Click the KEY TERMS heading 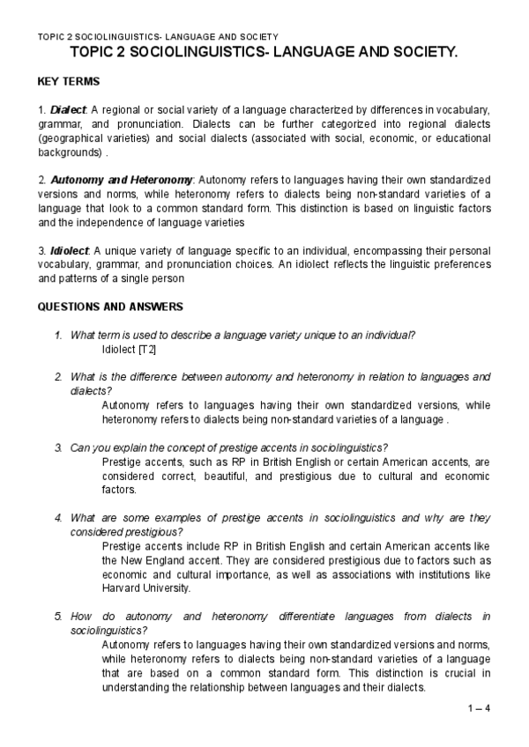pos(69,82)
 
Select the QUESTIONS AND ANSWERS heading pos(110,307)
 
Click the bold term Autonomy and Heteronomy pos(121,180)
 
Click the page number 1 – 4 pos(478,708)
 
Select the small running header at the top pos(158,36)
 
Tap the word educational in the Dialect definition pos(458,138)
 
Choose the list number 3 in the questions pos(58,447)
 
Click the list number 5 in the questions pos(58,617)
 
